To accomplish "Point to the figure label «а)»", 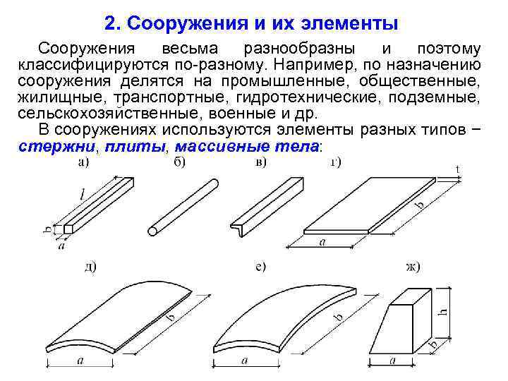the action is click(84, 164).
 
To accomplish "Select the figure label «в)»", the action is click(261, 164).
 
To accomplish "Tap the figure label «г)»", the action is click(334, 164).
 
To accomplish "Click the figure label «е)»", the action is click(261, 267).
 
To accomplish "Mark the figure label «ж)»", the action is click(411, 267).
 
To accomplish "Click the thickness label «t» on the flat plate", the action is click(459, 169).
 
